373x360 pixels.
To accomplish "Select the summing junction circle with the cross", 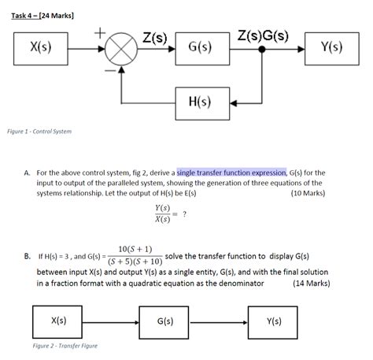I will click(120, 48).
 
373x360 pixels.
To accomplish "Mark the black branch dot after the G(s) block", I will click(260, 48).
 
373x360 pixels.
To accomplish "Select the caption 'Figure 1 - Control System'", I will click(39, 132).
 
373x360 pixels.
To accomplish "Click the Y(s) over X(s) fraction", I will click(164, 213).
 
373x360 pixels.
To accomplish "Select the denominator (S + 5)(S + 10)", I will click(135, 262).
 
